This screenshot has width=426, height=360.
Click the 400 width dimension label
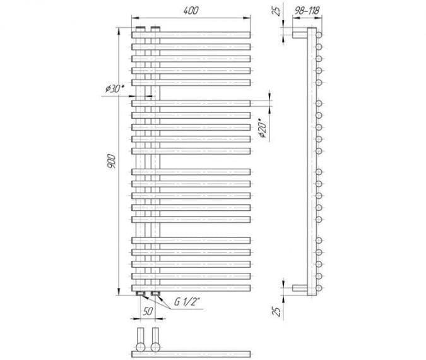(x=191, y=11)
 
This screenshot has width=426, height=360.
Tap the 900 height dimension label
(x=111, y=160)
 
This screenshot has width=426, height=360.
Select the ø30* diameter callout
(x=115, y=88)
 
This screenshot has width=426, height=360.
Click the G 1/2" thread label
(x=187, y=302)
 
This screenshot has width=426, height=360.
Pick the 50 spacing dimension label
(x=148, y=311)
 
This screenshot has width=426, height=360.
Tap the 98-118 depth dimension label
(x=307, y=11)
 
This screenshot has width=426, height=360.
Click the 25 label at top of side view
(x=276, y=11)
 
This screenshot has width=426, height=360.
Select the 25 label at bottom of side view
(x=276, y=311)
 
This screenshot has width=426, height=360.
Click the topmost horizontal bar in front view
(x=191, y=35)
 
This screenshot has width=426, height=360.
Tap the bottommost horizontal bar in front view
(x=191, y=288)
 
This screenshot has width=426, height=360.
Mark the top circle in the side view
(x=319, y=35)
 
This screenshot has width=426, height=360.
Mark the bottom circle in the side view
(x=319, y=288)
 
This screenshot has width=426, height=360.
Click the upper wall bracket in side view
(x=300, y=35)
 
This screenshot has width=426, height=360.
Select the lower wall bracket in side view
(x=300, y=288)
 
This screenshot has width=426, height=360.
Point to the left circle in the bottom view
(x=141, y=347)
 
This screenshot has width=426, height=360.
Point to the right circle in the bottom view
(x=155, y=347)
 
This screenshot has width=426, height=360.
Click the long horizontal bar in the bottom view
(x=191, y=354)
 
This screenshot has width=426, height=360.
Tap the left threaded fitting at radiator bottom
(x=141, y=294)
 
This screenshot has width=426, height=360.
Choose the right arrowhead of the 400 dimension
(x=247, y=18)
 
